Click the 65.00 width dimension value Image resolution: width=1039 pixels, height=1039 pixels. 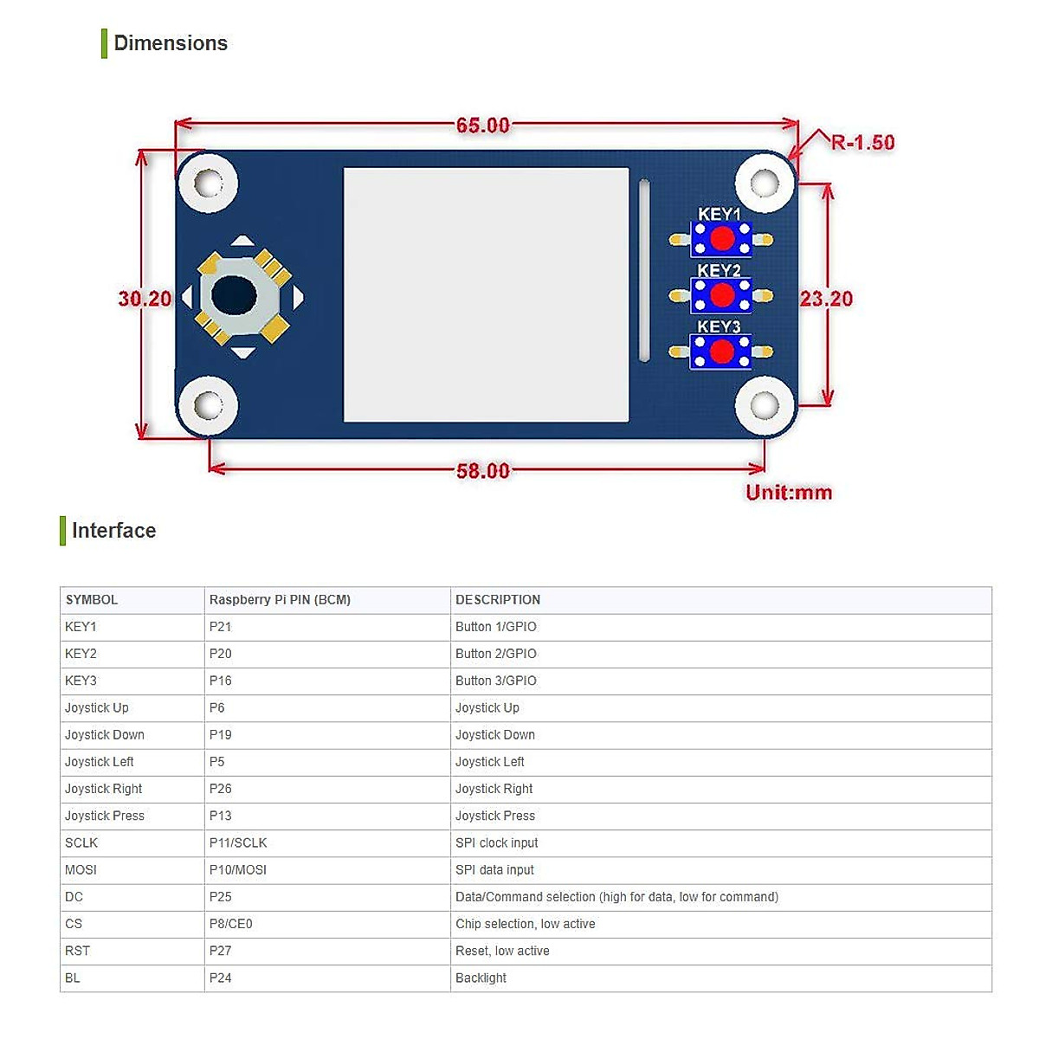click(483, 126)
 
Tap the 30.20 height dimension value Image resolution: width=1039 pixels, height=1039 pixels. click(145, 299)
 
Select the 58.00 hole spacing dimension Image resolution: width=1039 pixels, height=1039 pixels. click(483, 471)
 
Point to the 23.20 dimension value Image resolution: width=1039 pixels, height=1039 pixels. click(826, 299)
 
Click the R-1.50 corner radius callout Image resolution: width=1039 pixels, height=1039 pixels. click(862, 143)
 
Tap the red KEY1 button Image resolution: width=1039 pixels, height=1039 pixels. click(721, 238)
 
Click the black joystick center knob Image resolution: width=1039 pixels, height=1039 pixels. click(234, 296)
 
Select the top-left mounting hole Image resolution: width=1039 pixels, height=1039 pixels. click(208, 183)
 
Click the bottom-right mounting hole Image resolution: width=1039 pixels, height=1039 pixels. click(765, 405)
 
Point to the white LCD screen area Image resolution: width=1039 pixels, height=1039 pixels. click(486, 294)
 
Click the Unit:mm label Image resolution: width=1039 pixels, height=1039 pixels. click(789, 493)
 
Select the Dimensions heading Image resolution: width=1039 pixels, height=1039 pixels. click(171, 43)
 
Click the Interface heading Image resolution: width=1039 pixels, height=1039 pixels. click(113, 531)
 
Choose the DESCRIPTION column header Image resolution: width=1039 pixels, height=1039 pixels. click(498, 600)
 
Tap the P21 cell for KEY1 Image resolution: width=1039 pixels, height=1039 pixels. click(221, 627)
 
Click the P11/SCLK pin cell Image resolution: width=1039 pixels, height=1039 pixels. click(238, 842)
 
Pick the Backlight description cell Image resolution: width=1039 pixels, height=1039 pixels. click(481, 978)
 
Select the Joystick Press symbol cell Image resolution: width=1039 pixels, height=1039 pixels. click(105, 816)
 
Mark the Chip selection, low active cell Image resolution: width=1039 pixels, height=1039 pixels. click(526, 924)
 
